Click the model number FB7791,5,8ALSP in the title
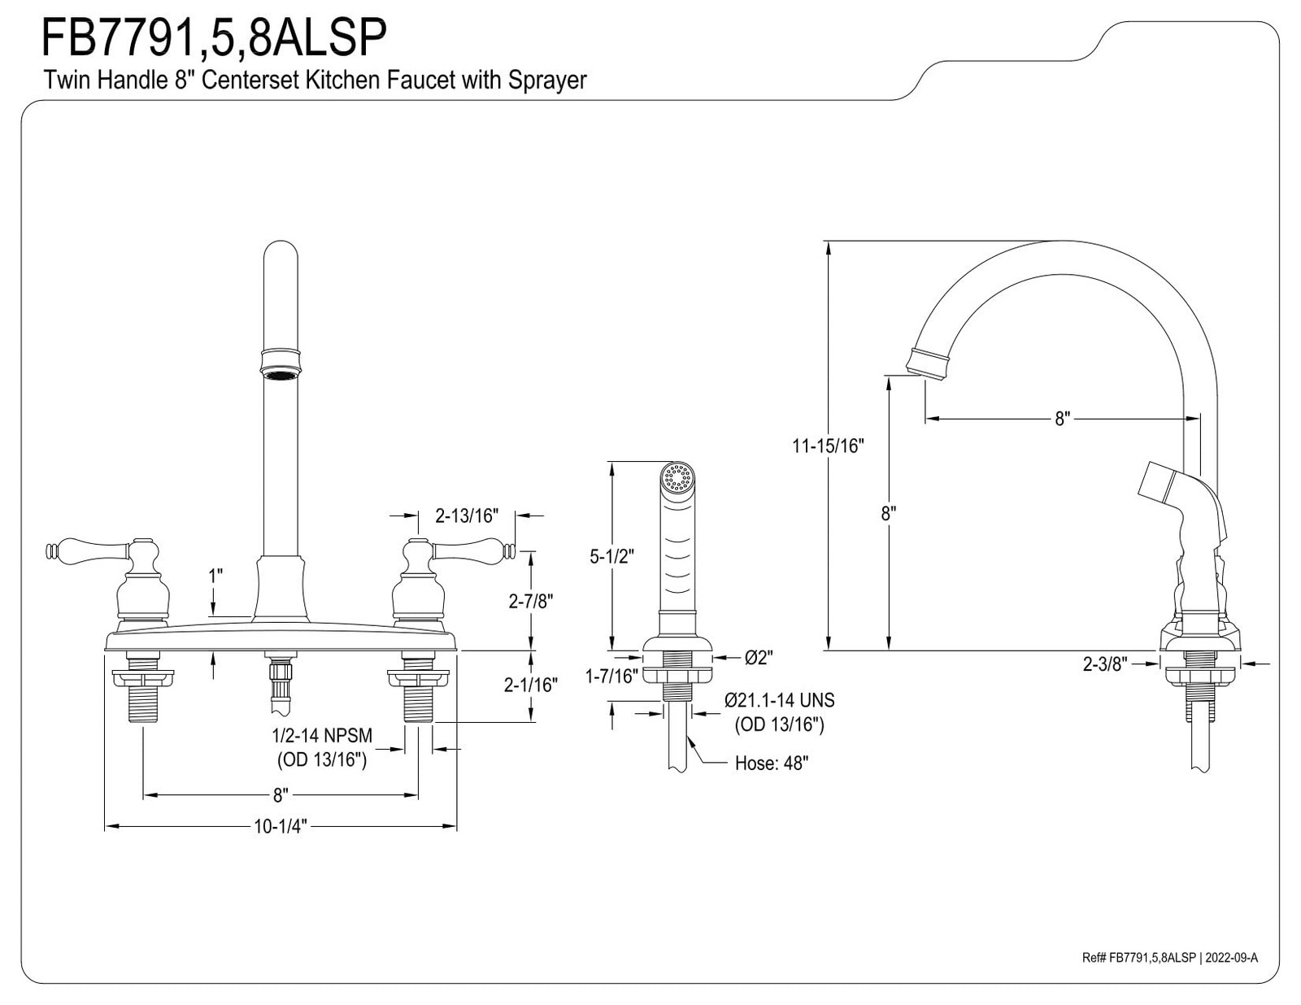click(214, 37)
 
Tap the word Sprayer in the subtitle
click(547, 80)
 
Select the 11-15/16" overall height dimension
click(828, 446)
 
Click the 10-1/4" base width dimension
click(281, 827)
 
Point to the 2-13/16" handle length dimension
click(467, 516)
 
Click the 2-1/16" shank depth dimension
click(530, 685)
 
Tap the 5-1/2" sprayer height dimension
click(611, 557)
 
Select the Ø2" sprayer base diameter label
click(759, 658)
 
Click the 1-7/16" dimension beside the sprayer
click(611, 676)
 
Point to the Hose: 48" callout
click(772, 764)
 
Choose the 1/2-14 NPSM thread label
click(322, 735)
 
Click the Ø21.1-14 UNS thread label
click(779, 700)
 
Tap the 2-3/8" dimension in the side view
click(1105, 663)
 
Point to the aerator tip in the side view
click(928, 363)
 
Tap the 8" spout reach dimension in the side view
click(1062, 419)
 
